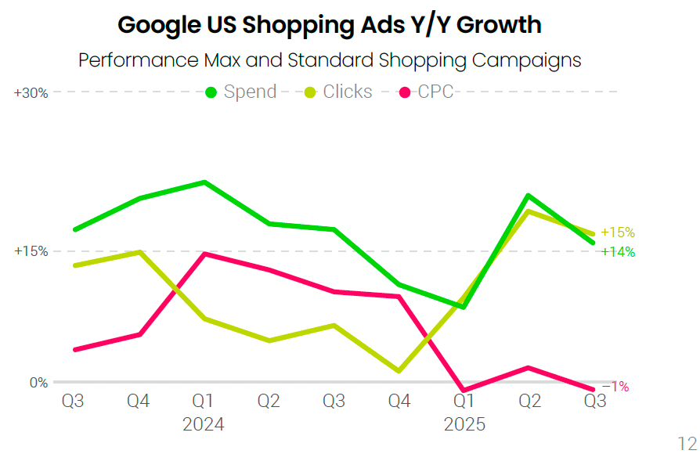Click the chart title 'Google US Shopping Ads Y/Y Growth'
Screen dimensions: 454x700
click(x=329, y=24)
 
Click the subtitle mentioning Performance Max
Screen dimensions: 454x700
click(x=330, y=60)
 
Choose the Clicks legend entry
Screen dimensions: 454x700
click(x=337, y=92)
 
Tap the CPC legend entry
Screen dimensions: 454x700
click(x=427, y=92)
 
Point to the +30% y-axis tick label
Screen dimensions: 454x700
click(x=31, y=92)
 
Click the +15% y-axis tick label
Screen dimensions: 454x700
click(x=31, y=251)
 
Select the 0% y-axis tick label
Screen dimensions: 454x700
click(x=38, y=383)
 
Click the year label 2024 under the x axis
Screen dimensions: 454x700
click(x=203, y=424)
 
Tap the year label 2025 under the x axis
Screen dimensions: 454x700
click(x=464, y=424)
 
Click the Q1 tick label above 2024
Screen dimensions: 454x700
click(x=203, y=401)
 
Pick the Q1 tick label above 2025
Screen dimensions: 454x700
click(x=464, y=401)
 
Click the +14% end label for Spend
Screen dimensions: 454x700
click(x=618, y=252)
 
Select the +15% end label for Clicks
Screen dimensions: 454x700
click(x=618, y=232)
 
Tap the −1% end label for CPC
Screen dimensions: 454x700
click(x=615, y=387)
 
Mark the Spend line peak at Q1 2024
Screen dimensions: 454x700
click(x=204, y=182)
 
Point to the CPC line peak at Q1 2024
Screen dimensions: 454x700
click(x=204, y=254)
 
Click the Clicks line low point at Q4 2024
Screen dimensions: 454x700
click(x=399, y=371)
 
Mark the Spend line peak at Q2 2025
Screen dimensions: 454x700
click(x=529, y=195)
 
